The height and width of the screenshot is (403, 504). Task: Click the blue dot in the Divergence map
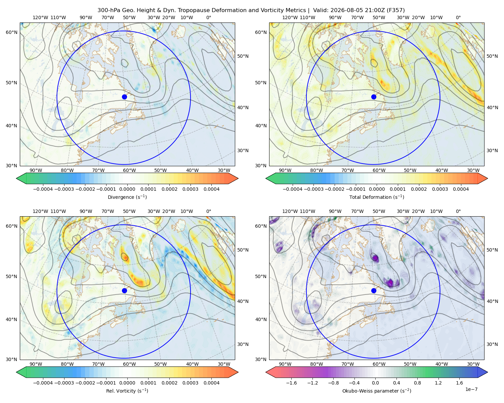point(124,97)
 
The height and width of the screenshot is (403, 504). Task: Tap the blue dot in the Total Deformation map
point(374,97)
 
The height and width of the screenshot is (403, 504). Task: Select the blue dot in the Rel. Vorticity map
point(124,290)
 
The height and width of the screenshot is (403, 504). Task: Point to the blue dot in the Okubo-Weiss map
point(374,290)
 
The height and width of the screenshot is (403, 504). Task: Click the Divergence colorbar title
point(127,197)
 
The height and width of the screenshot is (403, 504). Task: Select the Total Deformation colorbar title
point(377,197)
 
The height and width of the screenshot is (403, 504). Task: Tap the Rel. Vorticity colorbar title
point(127,391)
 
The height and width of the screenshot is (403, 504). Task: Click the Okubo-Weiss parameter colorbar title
point(377,391)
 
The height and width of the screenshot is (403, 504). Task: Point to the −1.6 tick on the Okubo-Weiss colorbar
point(291,383)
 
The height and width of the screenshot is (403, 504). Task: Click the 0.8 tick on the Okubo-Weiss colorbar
point(417,383)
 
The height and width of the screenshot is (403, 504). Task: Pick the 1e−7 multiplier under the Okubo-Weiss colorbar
point(471,389)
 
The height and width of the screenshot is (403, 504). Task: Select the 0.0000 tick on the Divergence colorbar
point(127,189)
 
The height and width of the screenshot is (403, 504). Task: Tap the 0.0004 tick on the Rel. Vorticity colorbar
point(211,383)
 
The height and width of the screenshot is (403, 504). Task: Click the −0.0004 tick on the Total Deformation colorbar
point(293,189)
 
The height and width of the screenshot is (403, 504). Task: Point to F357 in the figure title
point(395,10)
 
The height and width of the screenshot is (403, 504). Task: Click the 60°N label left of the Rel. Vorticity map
point(11,226)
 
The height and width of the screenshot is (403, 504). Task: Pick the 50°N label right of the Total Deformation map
point(492,56)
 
